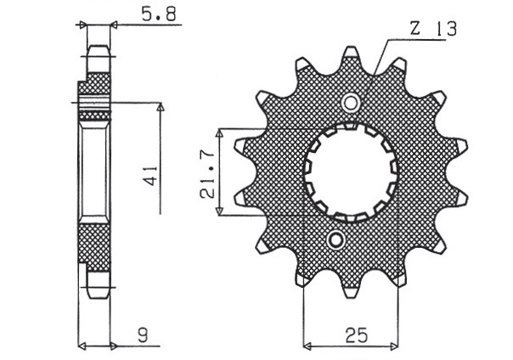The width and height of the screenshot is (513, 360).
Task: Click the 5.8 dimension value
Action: point(159,14)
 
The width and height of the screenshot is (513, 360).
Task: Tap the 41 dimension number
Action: point(151,176)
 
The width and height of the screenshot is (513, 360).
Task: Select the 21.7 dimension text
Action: point(207,175)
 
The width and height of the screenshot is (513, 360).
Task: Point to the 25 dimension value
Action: point(356,335)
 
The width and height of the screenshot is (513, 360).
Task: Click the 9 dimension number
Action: point(143,335)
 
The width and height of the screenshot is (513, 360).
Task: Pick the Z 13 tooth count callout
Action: point(433,29)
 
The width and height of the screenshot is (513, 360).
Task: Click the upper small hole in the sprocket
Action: point(351,104)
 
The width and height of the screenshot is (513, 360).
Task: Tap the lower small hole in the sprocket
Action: point(335,240)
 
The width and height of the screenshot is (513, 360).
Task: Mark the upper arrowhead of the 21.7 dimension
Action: point(220,132)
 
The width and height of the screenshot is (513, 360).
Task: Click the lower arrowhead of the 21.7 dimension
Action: point(220,211)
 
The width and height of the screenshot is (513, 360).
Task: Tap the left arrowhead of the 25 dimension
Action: point(307,346)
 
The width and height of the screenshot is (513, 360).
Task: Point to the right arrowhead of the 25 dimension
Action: point(395,346)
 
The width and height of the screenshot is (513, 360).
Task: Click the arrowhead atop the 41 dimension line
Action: point(161,107)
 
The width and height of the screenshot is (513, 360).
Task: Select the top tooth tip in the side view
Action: point(98,46)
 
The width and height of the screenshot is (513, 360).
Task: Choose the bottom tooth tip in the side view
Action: point(98,297)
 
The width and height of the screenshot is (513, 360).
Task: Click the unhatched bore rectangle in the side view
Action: point(94,172)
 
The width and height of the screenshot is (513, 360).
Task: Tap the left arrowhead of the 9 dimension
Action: point(82,346)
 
